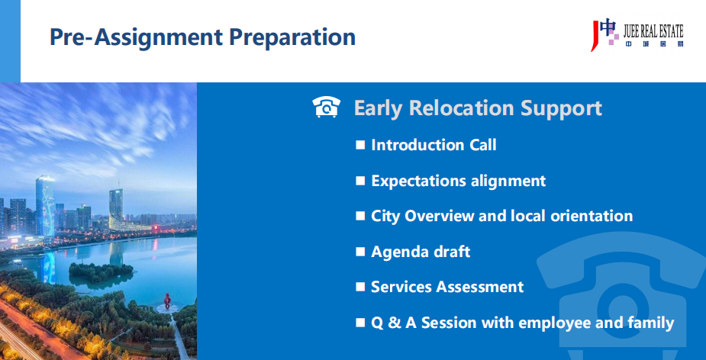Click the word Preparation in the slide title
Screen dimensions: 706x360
coord(292,37)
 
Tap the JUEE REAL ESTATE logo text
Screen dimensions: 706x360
coord(653,31)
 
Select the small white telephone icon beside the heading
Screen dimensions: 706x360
coord(327,107)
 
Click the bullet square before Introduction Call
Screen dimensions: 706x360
coord(360,145)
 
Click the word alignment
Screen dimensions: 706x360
coord(508,181)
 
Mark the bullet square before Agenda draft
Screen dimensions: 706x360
coord(360,252)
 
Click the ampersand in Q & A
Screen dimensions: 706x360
coord(395,323)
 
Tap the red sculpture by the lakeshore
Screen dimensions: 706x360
coord(167,301)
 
